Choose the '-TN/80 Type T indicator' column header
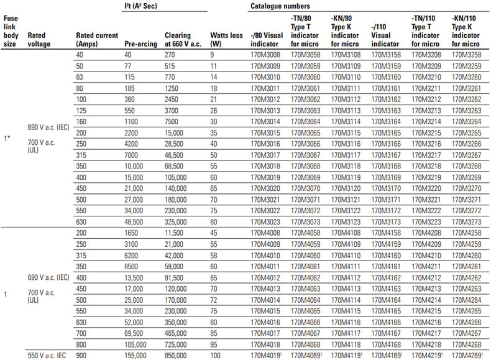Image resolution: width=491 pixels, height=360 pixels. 305,31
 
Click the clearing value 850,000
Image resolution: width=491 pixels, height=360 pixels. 179,354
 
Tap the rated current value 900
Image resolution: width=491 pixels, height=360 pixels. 81,354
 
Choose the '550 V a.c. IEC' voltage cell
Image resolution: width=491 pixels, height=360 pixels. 48,354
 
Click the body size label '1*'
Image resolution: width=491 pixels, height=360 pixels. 7,137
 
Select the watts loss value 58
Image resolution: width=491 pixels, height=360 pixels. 214,256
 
